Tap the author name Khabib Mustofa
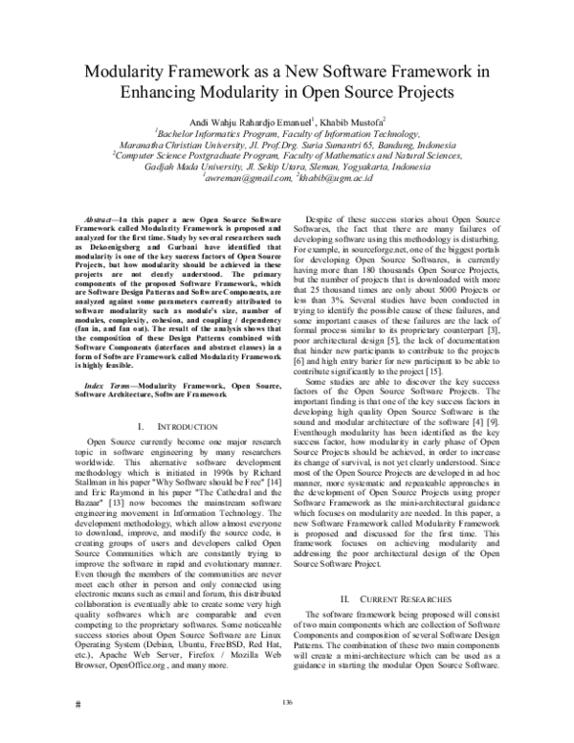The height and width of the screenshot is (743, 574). tap(352, 124)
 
